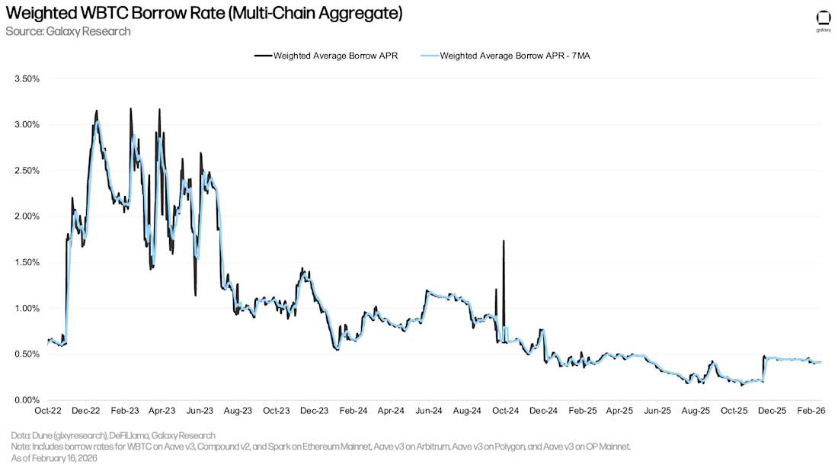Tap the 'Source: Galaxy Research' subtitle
pyautogui.click(x=68, y=31)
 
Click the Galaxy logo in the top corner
pyautogui.click(x=823, y=19)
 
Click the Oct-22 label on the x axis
pyautogui.click(x=47, y=411)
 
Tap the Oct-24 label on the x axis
pyautogui.click(x=504, y=411)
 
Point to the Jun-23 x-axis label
pyautogui.click(x=200, y=411)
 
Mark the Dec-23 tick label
pyautogui.click(x=314, y=411)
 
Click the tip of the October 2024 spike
pyautogui.click(x=504, y=241)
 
